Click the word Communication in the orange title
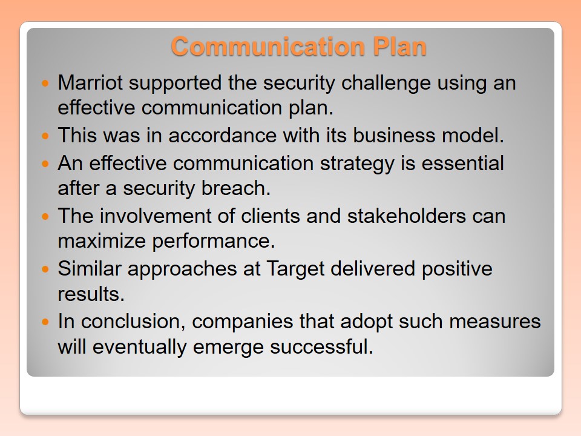[x=268, y=47]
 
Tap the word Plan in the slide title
[x=400, y=47]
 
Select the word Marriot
[x=90, y=82]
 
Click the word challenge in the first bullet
[x=386, y=84]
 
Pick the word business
[x=394, y=135]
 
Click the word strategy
[x=357, y=164]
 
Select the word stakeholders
[x=407, y=216]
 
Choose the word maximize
[x=102, y=241]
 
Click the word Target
[x=296, y=269]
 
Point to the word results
[x=91, y=294]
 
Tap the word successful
[x=321, y=346]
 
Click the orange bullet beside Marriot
[x=45, y=83]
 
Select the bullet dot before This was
[x=45, y=136]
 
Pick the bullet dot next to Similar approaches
[x=45, y=269]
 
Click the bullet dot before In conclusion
[x=45, y=322]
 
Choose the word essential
[x=463, y=163]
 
